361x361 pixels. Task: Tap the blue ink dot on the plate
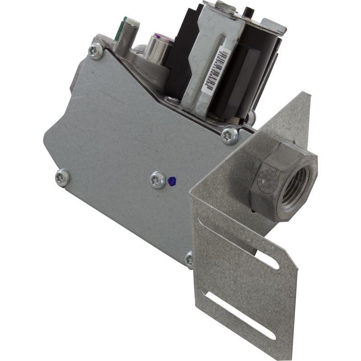[171, 181]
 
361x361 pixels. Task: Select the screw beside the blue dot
[157, 180]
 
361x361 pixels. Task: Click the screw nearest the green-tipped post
[95, 51]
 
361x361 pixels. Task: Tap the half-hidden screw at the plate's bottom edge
[190, 259]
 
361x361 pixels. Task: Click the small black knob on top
[248, 11]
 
